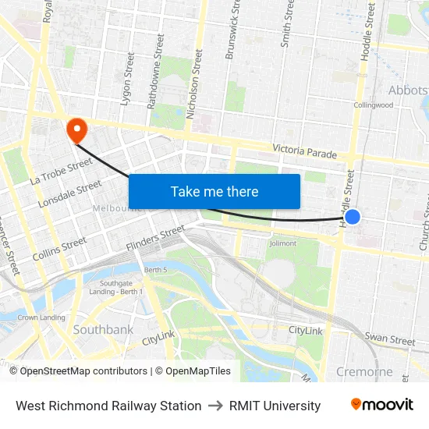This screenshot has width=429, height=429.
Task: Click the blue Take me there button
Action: point(214,192)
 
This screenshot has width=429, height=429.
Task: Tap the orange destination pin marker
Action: point(77,129)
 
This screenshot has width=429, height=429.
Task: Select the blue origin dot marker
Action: point(353,217)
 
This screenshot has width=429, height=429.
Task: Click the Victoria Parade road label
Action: point(305,152)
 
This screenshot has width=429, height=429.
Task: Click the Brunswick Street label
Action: point(232,31)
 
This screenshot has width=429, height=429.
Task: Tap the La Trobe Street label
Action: point(62,171)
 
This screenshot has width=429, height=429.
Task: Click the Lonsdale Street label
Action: point(70,195)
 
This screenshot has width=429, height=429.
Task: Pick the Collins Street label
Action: point(59,249)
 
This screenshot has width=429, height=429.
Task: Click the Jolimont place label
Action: point(282,243)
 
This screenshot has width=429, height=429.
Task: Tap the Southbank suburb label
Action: point(103,330)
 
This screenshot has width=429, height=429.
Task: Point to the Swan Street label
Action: point(390,340)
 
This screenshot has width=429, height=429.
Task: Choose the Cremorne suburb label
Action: point(364,371)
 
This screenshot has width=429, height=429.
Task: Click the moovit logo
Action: point(381,405)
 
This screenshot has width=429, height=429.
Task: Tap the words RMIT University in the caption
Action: point(275,406)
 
